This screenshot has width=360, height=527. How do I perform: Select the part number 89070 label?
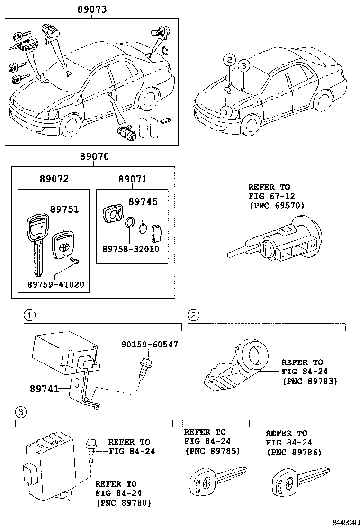(x=93, y=157)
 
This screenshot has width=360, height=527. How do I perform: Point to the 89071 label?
(x=132, y=179)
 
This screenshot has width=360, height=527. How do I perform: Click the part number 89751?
(x=64, y=210)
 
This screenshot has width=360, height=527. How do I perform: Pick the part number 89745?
(x=144, y=202)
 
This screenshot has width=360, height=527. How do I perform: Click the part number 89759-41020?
(x=55, y=285)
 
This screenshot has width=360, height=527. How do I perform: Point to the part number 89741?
(x=45, y=389)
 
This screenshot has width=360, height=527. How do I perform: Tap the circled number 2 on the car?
(x=228, y=60)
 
